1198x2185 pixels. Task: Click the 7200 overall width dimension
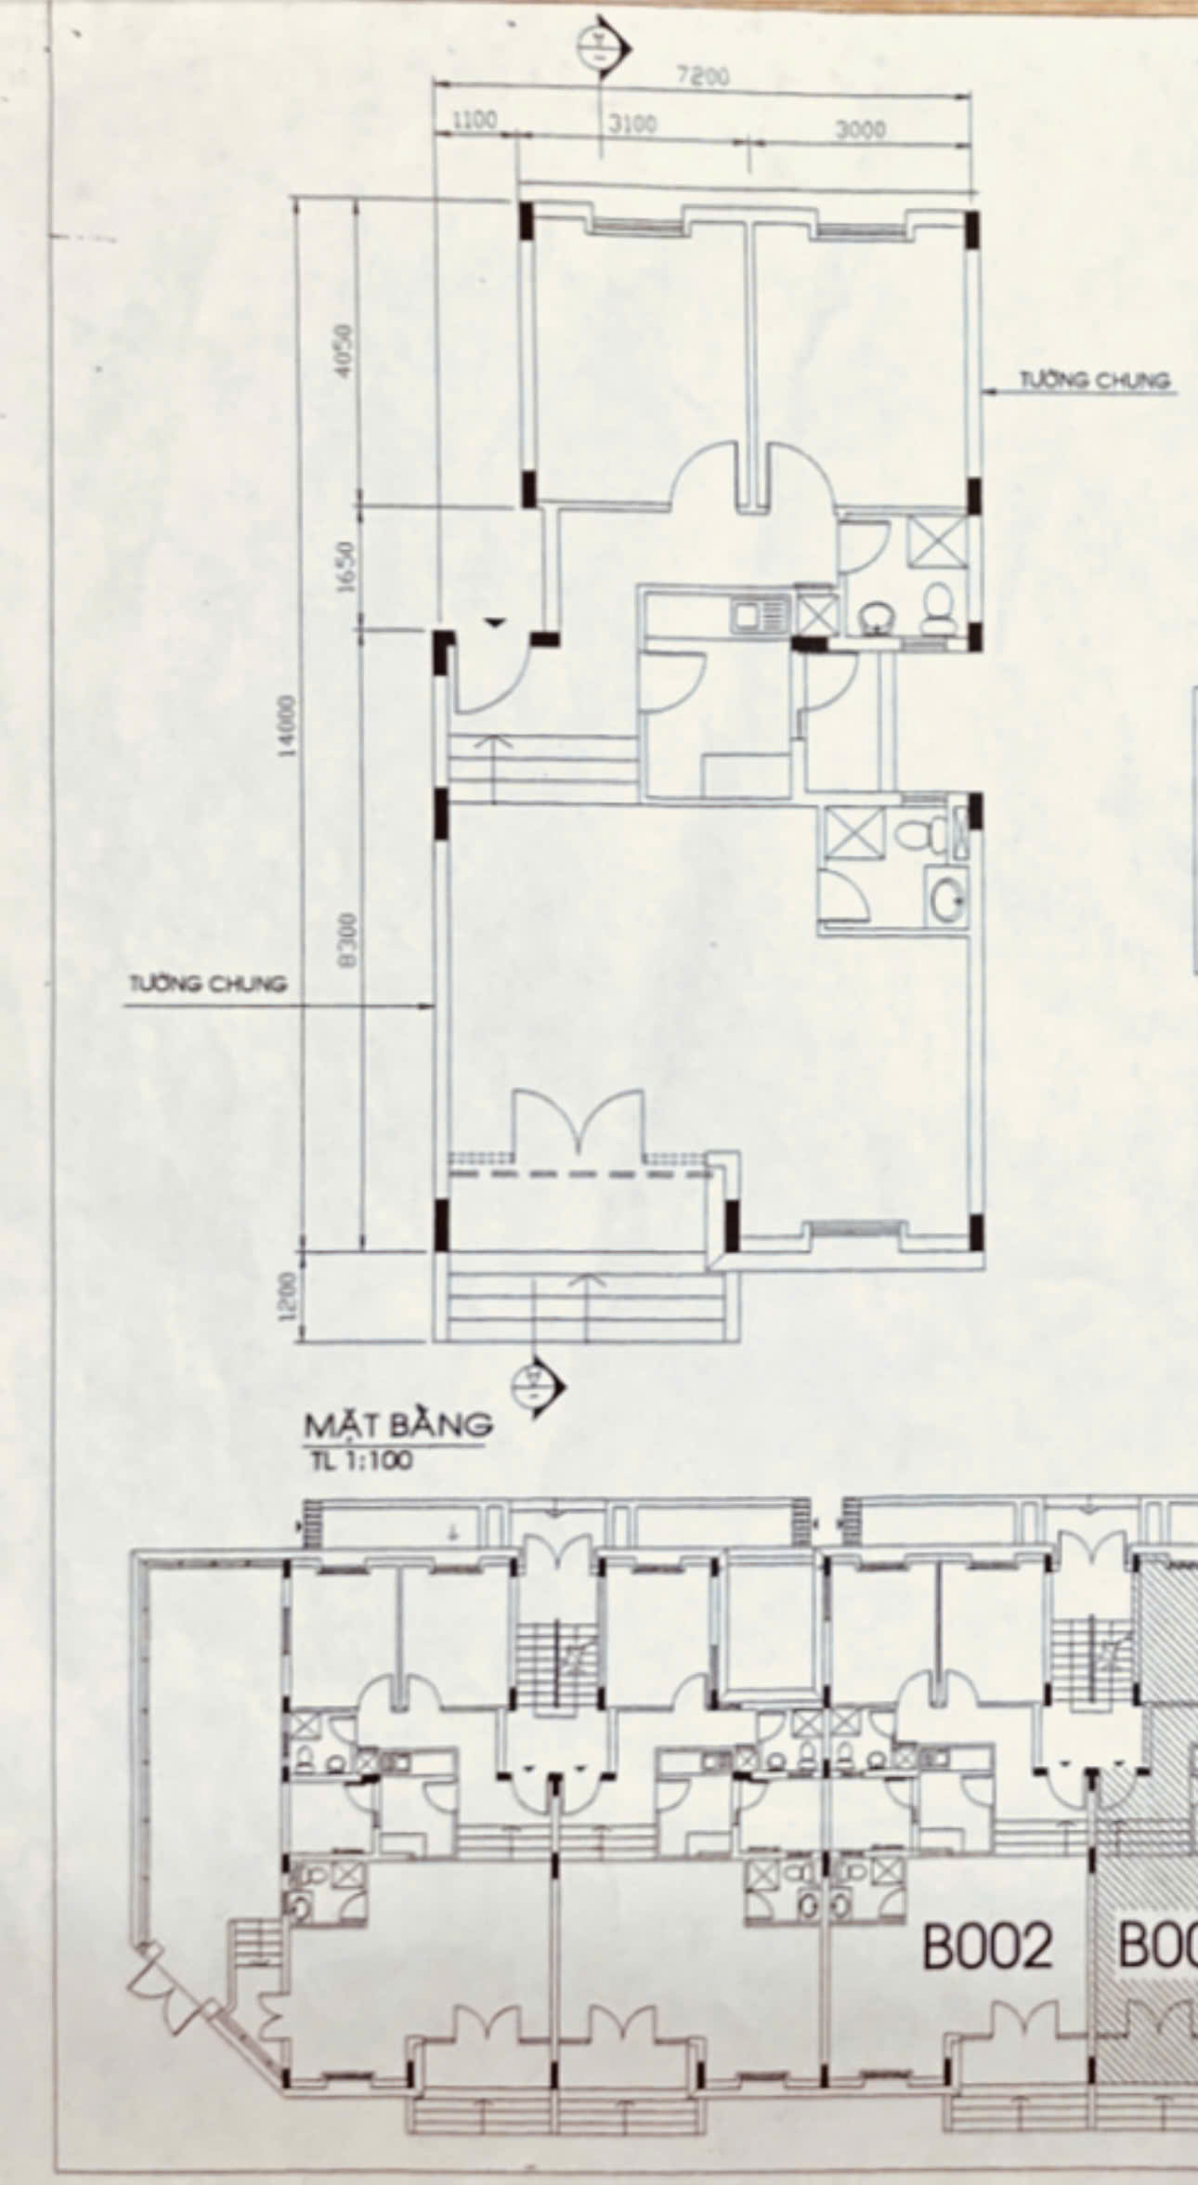[703, 77]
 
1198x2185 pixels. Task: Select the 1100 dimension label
[475, 120]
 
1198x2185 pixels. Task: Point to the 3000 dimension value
[860, 130]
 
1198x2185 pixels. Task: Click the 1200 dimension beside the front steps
[288, 1295]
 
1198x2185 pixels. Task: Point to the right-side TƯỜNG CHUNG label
[1095, 381]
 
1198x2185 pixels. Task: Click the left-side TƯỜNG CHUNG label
[207, 984]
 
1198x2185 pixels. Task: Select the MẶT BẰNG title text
[398, 1424]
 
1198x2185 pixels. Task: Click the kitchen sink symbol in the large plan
[759, 615]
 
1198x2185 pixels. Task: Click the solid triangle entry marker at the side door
[494, 622]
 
